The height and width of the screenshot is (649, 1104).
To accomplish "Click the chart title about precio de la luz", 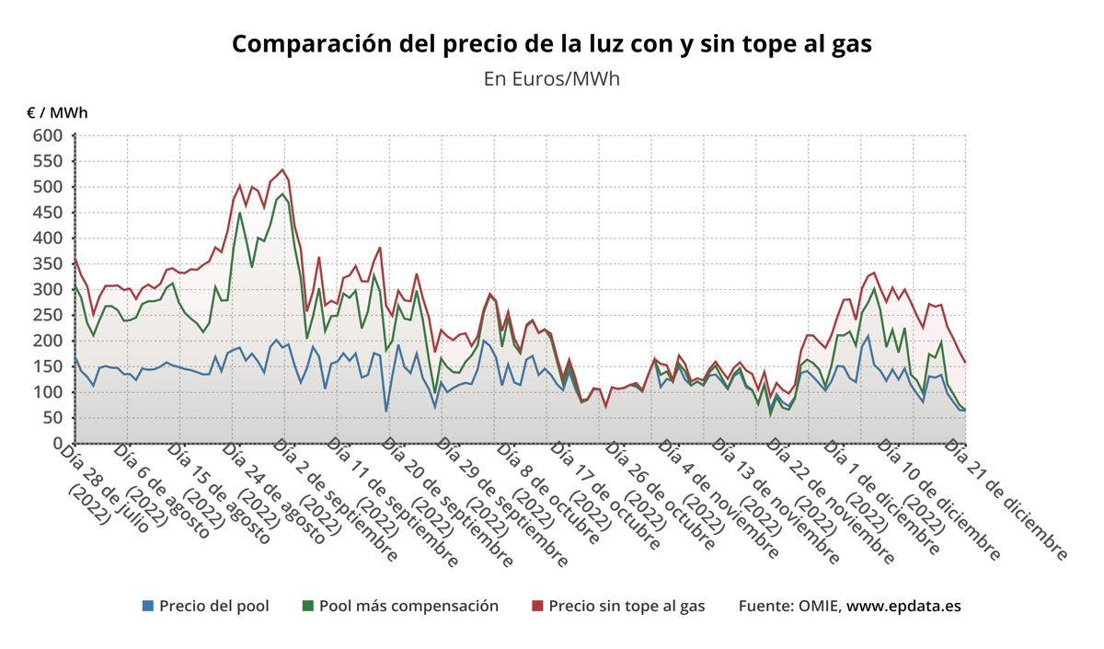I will point(551,44).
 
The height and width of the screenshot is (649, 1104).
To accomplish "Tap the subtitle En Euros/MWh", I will point(551,78).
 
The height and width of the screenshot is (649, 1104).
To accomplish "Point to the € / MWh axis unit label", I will point(57,113).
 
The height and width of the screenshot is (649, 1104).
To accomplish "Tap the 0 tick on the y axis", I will point(56,444).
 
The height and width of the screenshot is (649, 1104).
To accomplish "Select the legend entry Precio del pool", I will point(213,606).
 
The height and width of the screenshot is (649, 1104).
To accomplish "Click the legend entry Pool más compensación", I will point(408,606).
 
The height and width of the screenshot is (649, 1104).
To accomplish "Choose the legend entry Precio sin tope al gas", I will point(626,606).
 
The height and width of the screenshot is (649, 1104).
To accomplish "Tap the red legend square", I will point(538,606).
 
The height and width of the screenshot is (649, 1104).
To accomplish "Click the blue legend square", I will point(148,606).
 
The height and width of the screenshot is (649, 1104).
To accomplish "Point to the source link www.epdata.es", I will point(903,606).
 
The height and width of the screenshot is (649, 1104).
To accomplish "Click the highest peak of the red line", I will point(282,169).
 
